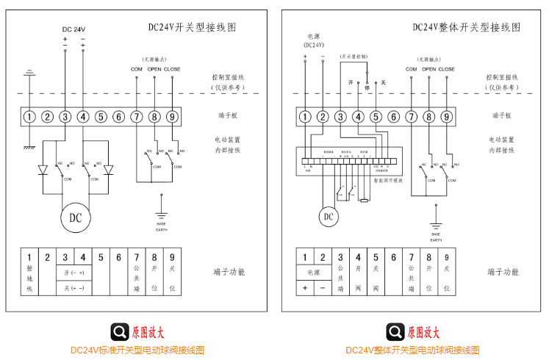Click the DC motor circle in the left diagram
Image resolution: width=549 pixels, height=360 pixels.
click(76, 217)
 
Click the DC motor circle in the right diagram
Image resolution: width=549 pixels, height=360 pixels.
click(328, 216)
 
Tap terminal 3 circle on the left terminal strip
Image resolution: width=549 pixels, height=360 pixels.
click(65, 116)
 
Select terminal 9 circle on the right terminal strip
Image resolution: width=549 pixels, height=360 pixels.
click(446, 116)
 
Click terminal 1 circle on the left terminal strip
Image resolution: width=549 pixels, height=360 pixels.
click(29, 116)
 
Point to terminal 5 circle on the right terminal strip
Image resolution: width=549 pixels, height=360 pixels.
click(376, 116)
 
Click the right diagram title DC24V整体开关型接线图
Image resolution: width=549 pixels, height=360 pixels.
click(466, 27)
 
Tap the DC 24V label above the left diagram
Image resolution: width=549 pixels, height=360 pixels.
click(73, 29)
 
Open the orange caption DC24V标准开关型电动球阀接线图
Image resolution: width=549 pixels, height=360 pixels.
click(137, 350)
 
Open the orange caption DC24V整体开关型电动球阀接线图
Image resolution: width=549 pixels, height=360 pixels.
click(413, 350)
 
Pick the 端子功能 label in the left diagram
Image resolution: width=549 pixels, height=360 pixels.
click(229, 272)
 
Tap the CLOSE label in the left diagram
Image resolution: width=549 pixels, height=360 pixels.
click(172, 70)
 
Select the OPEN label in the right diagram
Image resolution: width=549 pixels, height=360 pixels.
click(428, 70)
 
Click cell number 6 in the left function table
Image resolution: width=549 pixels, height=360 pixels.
click(119, 258)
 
